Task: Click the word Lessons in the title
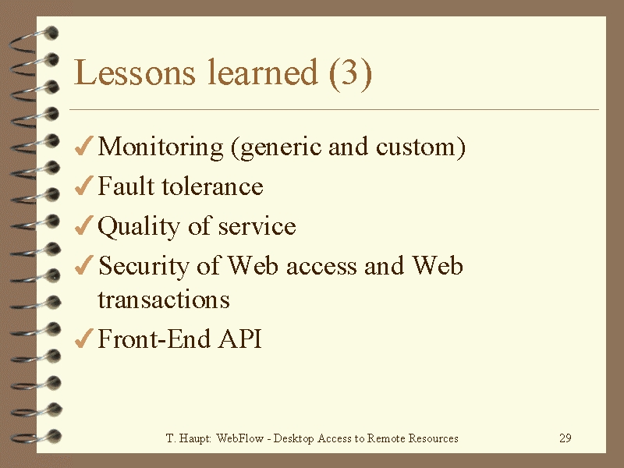pos(134,73)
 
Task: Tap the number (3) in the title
pos(350,73)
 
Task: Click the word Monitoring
pos(161,147)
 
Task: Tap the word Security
pos(144,266)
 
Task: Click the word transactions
pos(164,300)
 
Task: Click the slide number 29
pos(565,438)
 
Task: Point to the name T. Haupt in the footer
pos(188,438)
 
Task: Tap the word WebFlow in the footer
pos(240,438)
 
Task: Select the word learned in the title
pos(263,72)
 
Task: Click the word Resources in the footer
pos(434,438)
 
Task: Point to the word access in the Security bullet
pos(321,267)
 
